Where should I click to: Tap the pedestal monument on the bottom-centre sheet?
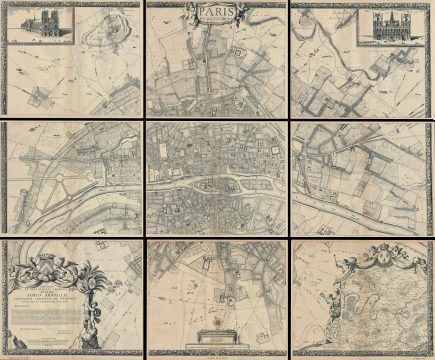216,334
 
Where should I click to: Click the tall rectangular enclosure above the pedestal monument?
214,290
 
